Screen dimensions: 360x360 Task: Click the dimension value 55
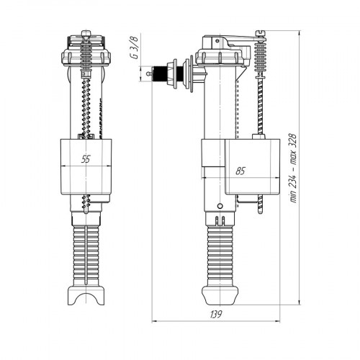(86, 159)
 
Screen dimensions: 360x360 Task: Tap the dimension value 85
(240, 171)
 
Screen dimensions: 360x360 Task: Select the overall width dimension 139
(216, 314)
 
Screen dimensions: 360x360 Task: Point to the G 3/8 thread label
(135, 48)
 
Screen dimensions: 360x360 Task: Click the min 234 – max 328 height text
(293, 168)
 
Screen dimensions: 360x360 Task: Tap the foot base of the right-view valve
(220, 295)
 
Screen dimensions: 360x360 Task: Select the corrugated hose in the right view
(220, 256)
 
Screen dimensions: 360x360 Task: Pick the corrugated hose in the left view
(86, 256)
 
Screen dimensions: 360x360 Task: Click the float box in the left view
(86, 167)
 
